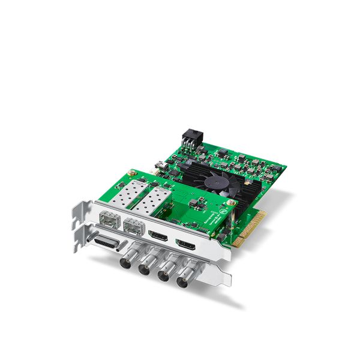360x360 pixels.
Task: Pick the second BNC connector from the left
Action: click(145, 269)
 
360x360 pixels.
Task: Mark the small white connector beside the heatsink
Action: click(161, 163)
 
